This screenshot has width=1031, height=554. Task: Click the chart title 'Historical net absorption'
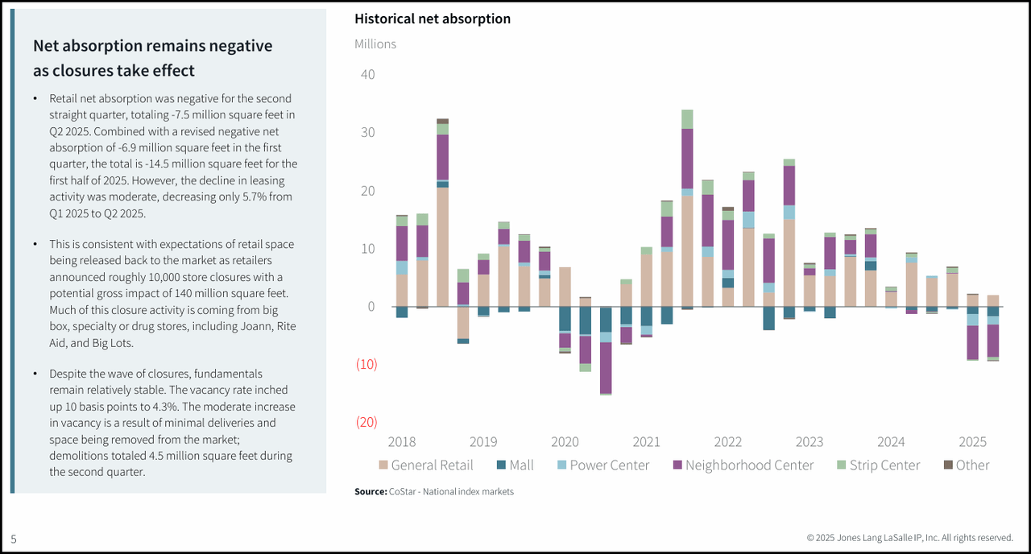tap(433, 19)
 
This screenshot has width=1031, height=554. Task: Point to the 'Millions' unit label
tap(375, 43)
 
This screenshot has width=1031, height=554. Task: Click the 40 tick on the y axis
tap(367, 75)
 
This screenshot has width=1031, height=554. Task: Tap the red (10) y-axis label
tap(367, 364)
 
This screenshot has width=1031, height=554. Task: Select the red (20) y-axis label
tap(367, 422)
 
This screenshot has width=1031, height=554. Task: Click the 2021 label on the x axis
tap(646, 441)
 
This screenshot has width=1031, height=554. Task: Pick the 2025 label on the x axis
tap(972, 441)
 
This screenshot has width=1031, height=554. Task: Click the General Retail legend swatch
tap(383, 465)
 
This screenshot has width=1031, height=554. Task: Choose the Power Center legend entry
tap(600, 465)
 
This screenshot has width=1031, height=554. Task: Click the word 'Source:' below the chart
tap(371, 491)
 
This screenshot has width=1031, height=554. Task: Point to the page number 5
tap(14, 539)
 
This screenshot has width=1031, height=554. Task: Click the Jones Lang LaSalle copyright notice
tap(909, 538)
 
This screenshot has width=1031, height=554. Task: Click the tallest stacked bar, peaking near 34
tap(687, 209)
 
